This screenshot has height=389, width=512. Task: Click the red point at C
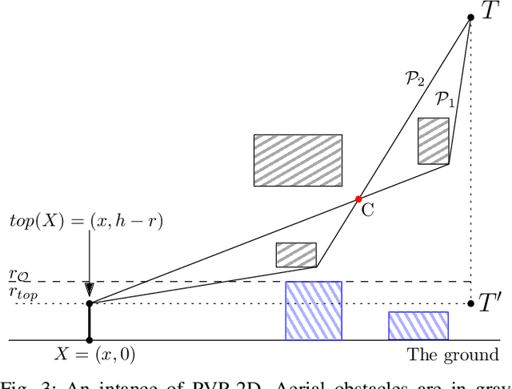point(358,199)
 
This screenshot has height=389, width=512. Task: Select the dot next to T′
point(470,303)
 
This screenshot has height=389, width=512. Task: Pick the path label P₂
point(414,78)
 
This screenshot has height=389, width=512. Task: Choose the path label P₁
point(444,99)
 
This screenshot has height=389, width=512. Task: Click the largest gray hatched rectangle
point(298,160)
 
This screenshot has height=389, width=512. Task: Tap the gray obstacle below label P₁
point(434,141)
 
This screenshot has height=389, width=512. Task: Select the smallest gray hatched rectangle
point(296,255)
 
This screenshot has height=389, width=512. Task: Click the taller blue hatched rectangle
point(314,311)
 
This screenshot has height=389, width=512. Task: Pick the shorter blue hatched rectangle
point(418,326)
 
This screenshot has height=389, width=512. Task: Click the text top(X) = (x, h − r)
point(86,221)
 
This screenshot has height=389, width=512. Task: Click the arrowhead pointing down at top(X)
point(89,290)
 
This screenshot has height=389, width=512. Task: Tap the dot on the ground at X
point(89,341)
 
